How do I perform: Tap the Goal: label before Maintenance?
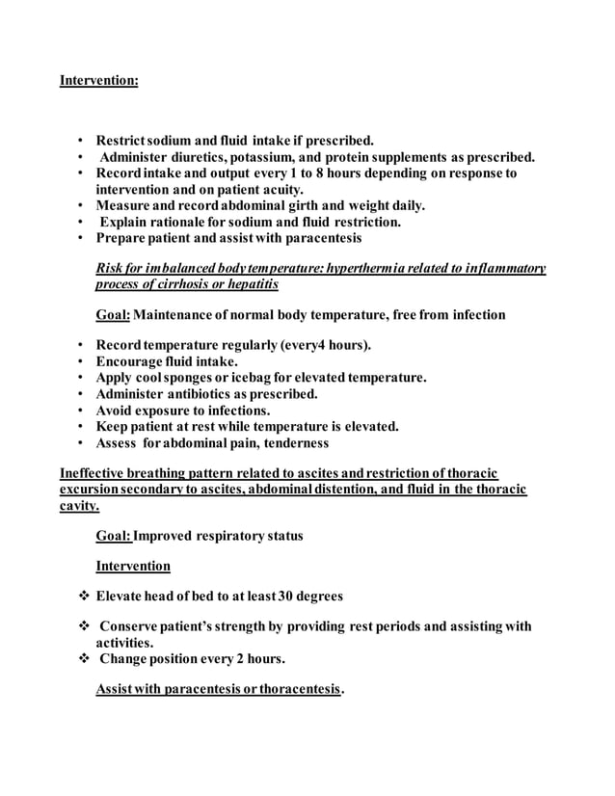114,315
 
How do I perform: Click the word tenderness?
292,443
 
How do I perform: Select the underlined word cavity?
79,505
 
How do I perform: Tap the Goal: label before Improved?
114,536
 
